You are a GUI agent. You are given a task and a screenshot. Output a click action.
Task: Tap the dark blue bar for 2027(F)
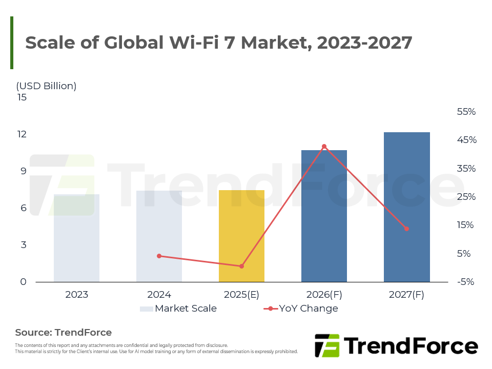pos(406,207)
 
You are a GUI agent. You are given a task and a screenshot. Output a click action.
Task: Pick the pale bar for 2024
pos(159,236)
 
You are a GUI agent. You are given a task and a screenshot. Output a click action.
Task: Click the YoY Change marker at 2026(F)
pos(324,147)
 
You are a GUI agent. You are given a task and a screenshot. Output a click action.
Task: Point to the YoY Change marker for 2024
pos(159,256)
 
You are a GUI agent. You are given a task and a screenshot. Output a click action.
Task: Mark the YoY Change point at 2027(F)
pos(406,229)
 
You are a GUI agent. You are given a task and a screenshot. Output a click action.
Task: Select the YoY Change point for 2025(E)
pos(241,266)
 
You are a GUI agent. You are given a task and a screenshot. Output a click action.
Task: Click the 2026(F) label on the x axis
pos(324,295)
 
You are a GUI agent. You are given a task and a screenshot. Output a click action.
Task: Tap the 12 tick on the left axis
pos(23,134)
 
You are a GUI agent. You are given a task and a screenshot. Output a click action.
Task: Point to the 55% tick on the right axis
pos(466,112)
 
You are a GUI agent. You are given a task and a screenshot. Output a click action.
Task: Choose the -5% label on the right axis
pos(466,282)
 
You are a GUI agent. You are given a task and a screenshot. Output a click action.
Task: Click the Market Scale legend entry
pos(178,309)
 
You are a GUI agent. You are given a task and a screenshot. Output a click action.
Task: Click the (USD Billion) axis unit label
pos(46,86)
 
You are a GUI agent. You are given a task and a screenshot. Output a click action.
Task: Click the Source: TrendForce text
pos(63,333)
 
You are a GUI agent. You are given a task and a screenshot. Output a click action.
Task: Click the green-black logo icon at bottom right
pos(327,345)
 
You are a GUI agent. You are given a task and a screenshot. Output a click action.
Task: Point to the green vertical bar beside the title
pos(12,43)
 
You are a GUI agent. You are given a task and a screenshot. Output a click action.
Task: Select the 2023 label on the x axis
pos(76,295)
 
